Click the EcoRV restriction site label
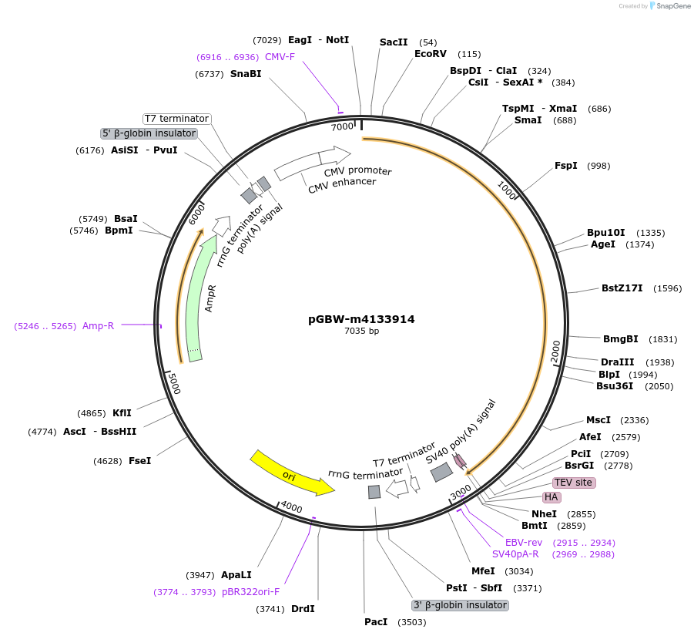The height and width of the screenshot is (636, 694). [x=431, y=54]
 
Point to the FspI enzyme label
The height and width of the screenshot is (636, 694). [x=565, y=166]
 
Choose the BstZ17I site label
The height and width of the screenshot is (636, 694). [x=622, y=288]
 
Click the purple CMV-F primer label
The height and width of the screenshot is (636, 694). [x=280, y=57]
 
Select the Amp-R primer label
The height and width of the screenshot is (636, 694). [x=98, y=325]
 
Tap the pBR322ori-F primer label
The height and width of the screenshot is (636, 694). [x=250, y=592]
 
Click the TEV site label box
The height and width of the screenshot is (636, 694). [x=573, y=483]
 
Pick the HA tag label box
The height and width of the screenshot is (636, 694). [x=551, y=497]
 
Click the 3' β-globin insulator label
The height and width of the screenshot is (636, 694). [x=461, y=605]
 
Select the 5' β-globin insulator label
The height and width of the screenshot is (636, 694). [x=149, y=133]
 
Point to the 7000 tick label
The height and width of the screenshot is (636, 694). [x=341, y=126]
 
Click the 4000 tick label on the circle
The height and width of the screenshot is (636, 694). [x=291, y=506]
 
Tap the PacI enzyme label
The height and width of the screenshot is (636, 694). [x=376, y=621]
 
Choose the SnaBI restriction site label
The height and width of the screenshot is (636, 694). [x=246, y=74]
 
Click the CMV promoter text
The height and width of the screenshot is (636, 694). [x=357, y=171]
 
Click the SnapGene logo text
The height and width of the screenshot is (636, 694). [x=673, y=6]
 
